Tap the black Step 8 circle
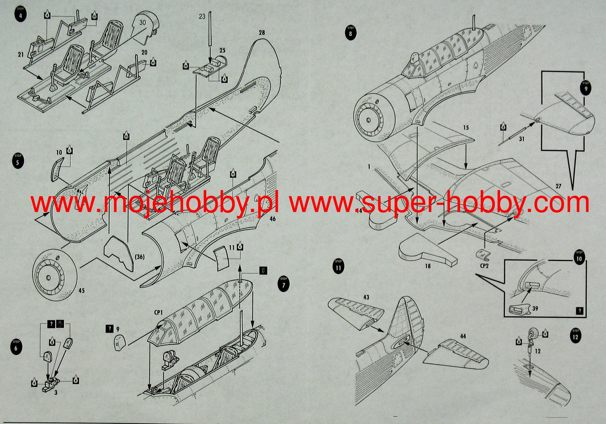351,32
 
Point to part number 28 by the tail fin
262,33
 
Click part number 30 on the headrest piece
143,23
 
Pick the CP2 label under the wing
484,266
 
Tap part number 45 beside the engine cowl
82,290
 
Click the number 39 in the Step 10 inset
535,309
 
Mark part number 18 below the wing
428,266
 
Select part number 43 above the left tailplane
366,297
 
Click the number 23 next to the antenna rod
202,17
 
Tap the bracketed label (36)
140,257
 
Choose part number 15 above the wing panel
466,128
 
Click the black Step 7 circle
284,284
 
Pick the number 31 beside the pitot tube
522,139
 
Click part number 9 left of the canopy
117,329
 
